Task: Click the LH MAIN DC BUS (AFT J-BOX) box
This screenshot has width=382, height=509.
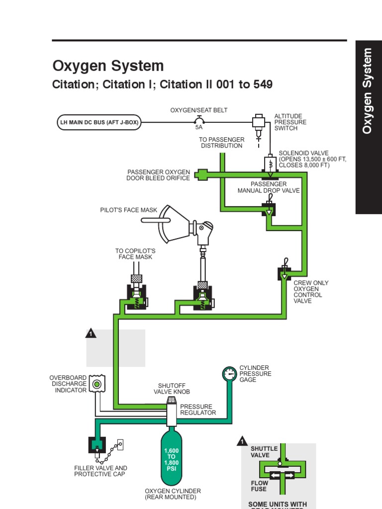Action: pos(99,122)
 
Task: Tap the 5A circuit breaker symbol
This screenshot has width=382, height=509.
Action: pos(199,120)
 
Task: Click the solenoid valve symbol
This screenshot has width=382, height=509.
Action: pos(270,165)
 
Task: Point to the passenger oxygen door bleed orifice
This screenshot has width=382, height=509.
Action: pos(201,174)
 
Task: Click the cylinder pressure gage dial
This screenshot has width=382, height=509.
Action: pos(230,374)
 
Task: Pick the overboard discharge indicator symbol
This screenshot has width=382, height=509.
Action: pos(97,384)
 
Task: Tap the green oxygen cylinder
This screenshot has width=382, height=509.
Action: pos(172,456)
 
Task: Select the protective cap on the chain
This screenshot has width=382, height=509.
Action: pos(120,444)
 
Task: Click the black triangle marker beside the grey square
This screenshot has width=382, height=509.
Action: pos(91,333)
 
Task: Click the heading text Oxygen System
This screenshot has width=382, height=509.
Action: pos(108,66)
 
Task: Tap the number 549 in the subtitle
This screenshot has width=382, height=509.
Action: pos(263,85)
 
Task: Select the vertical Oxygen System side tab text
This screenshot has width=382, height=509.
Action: pos(368,91)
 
